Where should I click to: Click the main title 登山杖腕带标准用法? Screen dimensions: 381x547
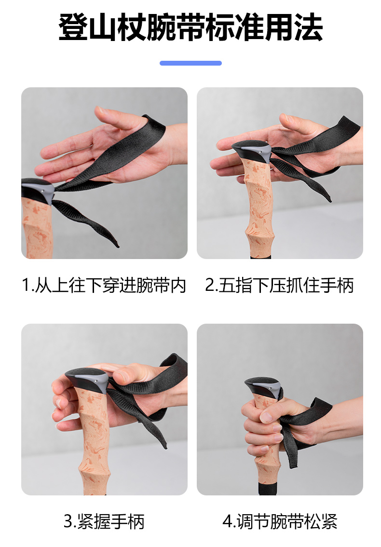(x=190, y=27)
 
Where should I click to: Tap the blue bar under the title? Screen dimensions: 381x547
(x=190, y=63)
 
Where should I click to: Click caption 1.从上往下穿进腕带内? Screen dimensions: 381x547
(x=104, y=285)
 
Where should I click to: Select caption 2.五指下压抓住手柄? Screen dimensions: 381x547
(x=279, y=285)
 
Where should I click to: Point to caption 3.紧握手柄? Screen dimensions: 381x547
(x=104, y=521)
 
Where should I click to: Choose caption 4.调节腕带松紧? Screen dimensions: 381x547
(x=280, y=521)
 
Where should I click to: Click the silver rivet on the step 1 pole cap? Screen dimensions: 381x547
(x=42, y=191)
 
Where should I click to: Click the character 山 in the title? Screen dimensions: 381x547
(x=102, y=27)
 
